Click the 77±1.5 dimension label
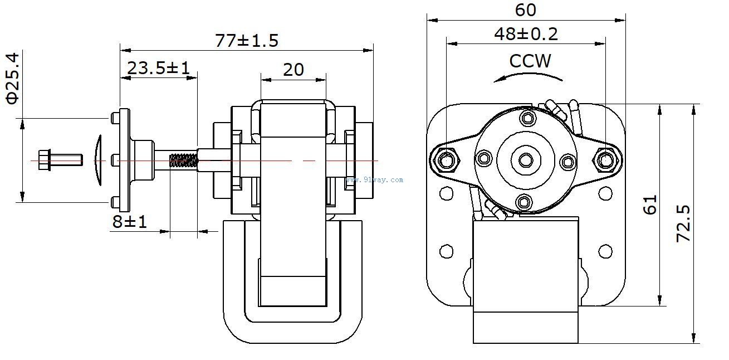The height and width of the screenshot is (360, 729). [246, 41]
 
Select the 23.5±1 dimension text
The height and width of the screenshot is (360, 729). [158, 68]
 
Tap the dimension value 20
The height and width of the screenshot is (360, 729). [293, 70]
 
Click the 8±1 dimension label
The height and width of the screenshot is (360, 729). [129, 221]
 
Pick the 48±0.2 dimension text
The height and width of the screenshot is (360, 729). [525, 35]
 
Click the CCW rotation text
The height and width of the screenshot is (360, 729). [530, 61]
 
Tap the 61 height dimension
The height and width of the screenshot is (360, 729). [650, 205]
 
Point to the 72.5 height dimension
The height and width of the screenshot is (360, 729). [683, 223]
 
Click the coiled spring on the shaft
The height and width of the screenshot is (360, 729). [183, 161]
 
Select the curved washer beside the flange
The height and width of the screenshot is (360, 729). [99, 160]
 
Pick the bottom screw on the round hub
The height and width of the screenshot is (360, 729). [523, 201]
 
